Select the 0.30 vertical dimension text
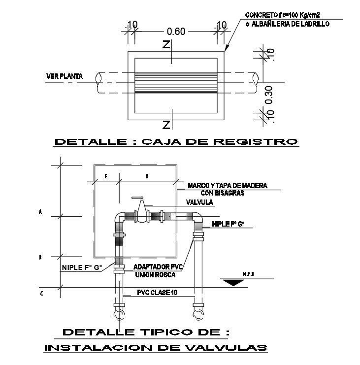(x=269, y=95)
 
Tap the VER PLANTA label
(x=64, y=76)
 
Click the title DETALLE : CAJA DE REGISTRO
(x=176, y=142)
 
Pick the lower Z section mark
(x=167, y=123)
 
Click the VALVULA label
(x=199, y=202)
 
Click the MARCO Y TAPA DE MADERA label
(x=227, y=186)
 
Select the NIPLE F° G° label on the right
(x=228, y=224)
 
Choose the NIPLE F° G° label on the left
(x=82, y=267)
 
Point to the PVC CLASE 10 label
(x=157, y=293)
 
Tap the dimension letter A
(x=40, y=212)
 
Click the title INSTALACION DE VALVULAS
(x=156, y=348)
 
